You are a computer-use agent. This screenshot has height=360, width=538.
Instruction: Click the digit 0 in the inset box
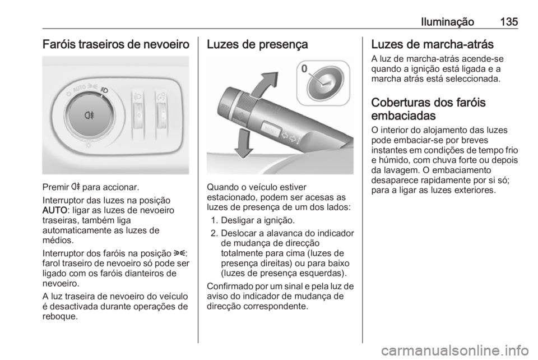pos(304,69)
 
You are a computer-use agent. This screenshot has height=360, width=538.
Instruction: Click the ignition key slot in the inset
pos(322,82)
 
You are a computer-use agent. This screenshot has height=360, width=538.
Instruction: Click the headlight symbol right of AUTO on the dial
pos(105,90)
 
